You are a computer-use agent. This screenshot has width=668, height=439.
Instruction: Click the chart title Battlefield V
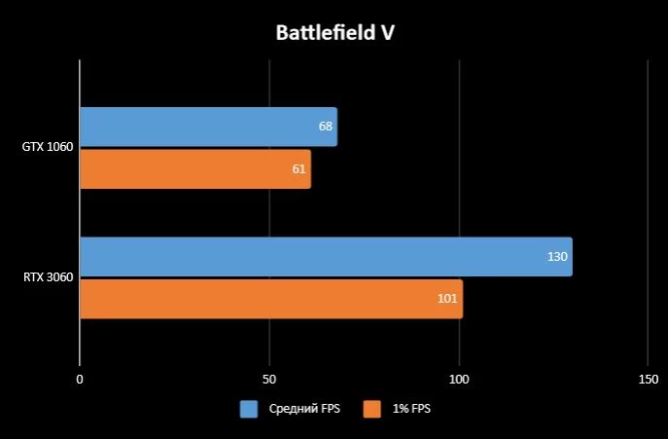tap(334, 33)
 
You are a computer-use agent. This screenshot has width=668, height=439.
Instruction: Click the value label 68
tap(326, 127)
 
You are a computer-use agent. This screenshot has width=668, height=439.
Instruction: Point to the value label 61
tap(299, 169)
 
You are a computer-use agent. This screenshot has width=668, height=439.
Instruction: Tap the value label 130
tap(557, 257)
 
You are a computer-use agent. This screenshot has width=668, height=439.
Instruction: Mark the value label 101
tap(447, 298)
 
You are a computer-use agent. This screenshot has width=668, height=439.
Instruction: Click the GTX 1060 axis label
tap(48, 148)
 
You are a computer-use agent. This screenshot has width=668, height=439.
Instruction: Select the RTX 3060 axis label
tap(48, 277)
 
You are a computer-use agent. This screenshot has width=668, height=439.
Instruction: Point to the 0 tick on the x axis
tap(80, 379)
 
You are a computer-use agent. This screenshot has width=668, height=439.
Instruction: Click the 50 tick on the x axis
tap(269, 379)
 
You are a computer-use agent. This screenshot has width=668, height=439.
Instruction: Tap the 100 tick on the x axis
tap(459, 379)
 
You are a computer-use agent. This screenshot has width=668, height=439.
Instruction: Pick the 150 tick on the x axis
tap(648, 379)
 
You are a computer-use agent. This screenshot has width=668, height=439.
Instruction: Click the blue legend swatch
tap(249, 410)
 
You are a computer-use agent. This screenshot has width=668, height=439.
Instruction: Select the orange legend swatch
tap(371, 410)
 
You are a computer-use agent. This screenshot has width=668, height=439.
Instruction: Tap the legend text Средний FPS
tap(304, 410)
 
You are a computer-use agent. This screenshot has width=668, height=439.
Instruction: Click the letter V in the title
tap(386, 33)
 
